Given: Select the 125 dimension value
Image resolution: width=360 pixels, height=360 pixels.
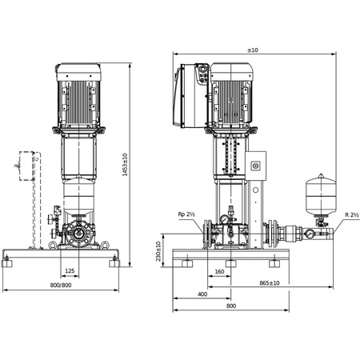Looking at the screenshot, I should (x=70, y=271).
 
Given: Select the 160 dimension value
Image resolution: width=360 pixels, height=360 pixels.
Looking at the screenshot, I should (x=218, y=271).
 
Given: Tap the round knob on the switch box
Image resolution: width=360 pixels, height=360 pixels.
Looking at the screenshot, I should (x=256, y=166).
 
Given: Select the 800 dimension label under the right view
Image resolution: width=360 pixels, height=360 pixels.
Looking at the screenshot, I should (x=231, y=306).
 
